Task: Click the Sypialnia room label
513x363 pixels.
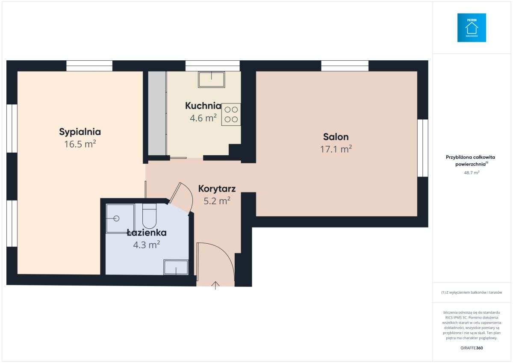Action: (x=80, y=131)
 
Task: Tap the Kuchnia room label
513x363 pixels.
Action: (x=203, y=106)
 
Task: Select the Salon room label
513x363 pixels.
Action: (x=336, y=137)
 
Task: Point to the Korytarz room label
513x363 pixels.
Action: (x=217, y=189)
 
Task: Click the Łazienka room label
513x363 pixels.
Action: (x=147, y=233)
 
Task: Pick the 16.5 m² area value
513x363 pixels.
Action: (x=80, y=144)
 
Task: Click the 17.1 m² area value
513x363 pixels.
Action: (x=336, y=149)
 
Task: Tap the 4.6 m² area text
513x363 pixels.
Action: (x=203, y=118)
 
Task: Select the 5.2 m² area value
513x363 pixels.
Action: (x=217, y=200)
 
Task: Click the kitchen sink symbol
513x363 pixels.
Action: (x=211, y=79)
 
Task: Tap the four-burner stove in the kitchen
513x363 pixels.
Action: (x=231, y=114)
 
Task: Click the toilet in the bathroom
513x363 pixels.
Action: (x=149, y=216)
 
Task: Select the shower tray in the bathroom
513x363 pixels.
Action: (x=120, y=218)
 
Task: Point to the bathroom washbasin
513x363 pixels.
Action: (x=176, y=267)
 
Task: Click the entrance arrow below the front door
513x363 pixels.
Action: (x=215, y=286)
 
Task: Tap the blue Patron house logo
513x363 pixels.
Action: (x=472, y=28)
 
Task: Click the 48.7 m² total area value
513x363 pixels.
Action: (x=472, y=173)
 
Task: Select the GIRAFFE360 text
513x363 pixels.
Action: (x=472, y=348)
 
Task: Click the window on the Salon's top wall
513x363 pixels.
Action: (x=345, y=66)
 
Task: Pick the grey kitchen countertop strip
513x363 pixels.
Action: (x=157, y=113)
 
